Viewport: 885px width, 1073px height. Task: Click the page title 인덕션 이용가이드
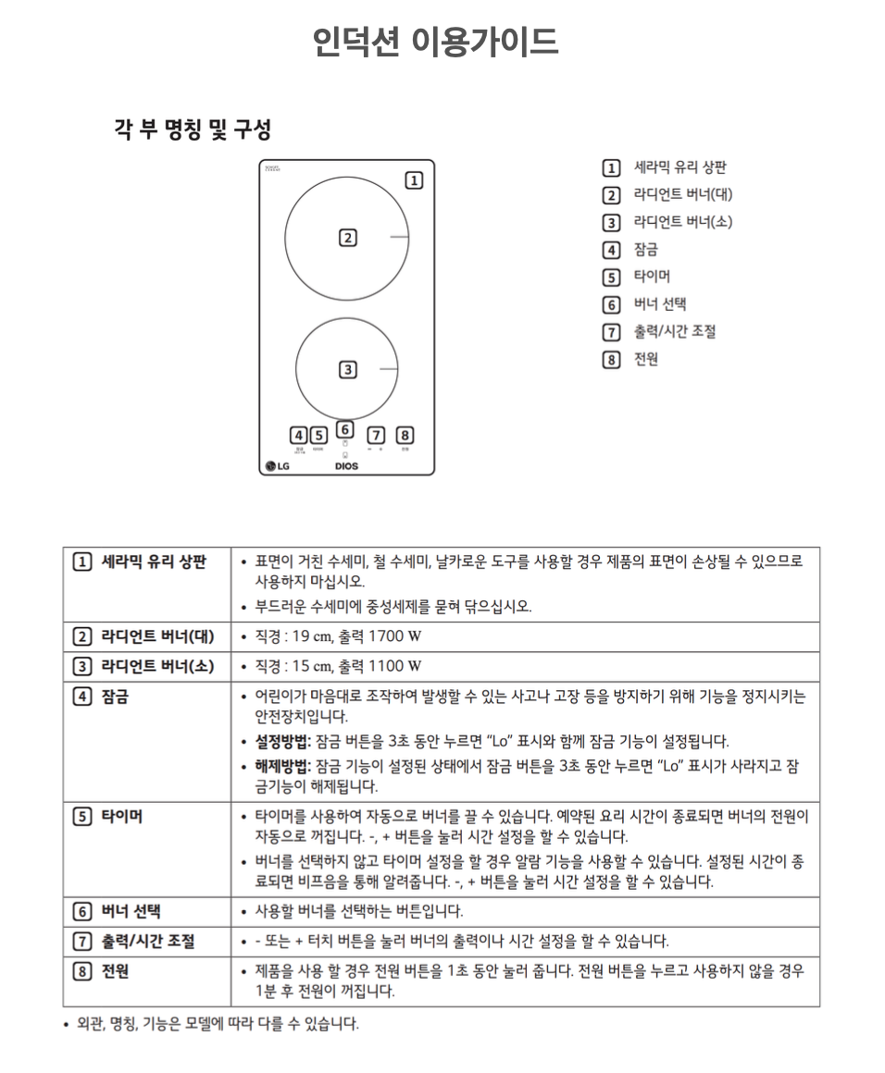click(x=435, y=42)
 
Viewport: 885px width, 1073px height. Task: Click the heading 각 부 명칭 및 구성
click(x=193, y=129)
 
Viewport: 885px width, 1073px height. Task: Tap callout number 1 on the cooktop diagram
click(x=415, y=180)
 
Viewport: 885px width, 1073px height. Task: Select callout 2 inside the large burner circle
click(x=347, y=238)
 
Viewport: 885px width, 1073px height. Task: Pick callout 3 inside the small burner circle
click(x=347, y=369)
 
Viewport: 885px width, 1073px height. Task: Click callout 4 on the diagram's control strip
click(x=298, y=435)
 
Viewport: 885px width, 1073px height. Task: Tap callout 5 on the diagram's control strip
click(x=318, y=435)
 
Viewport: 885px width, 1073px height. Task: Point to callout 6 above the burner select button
click(x=344, y=429)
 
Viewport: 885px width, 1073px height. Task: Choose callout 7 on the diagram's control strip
click(x=376, y=435)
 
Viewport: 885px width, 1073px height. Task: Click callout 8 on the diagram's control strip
click(x=405, y=435)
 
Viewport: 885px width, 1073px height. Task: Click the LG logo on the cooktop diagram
click(x=277, y=465)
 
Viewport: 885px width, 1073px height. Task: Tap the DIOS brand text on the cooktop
click(x=346, y=466)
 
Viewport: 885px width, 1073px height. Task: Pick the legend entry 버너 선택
click(x=659, y=304)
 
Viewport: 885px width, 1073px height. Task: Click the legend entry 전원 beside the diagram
click(x=645, y=359)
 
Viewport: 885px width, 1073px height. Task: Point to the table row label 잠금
click(x=115, y=696)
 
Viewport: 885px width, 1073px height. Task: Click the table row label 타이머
click(x=121, y=816)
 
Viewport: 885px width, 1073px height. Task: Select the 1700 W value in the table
click(x=395, y=636)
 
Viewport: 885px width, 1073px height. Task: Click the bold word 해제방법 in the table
click(x=283, y=766)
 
